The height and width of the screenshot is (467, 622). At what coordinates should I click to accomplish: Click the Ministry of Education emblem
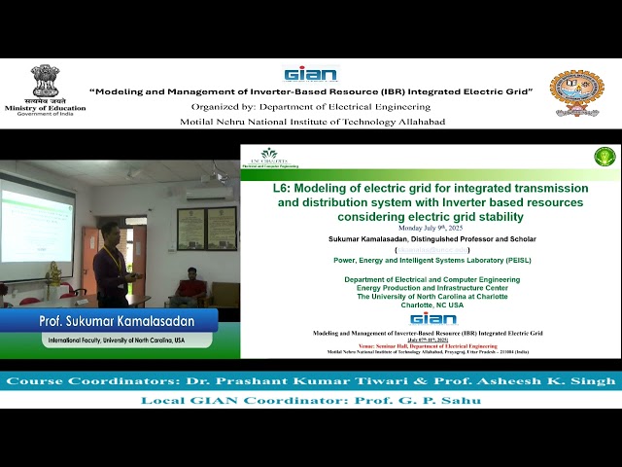(45, 82)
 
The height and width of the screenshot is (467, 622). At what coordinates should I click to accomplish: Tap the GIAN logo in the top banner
(310, 74)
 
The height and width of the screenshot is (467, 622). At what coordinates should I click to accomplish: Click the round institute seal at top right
(576, 92)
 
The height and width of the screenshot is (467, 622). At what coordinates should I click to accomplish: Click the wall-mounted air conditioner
(209, 192)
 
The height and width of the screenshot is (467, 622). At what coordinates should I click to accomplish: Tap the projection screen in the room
(36, 219)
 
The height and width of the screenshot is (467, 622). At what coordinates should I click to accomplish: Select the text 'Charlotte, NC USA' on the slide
(431, 304)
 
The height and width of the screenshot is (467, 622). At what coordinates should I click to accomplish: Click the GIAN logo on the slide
(432, 318)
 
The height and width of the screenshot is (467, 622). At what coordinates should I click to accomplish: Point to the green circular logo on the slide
(605, 156)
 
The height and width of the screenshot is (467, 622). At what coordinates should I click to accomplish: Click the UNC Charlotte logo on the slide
(269, 157)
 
